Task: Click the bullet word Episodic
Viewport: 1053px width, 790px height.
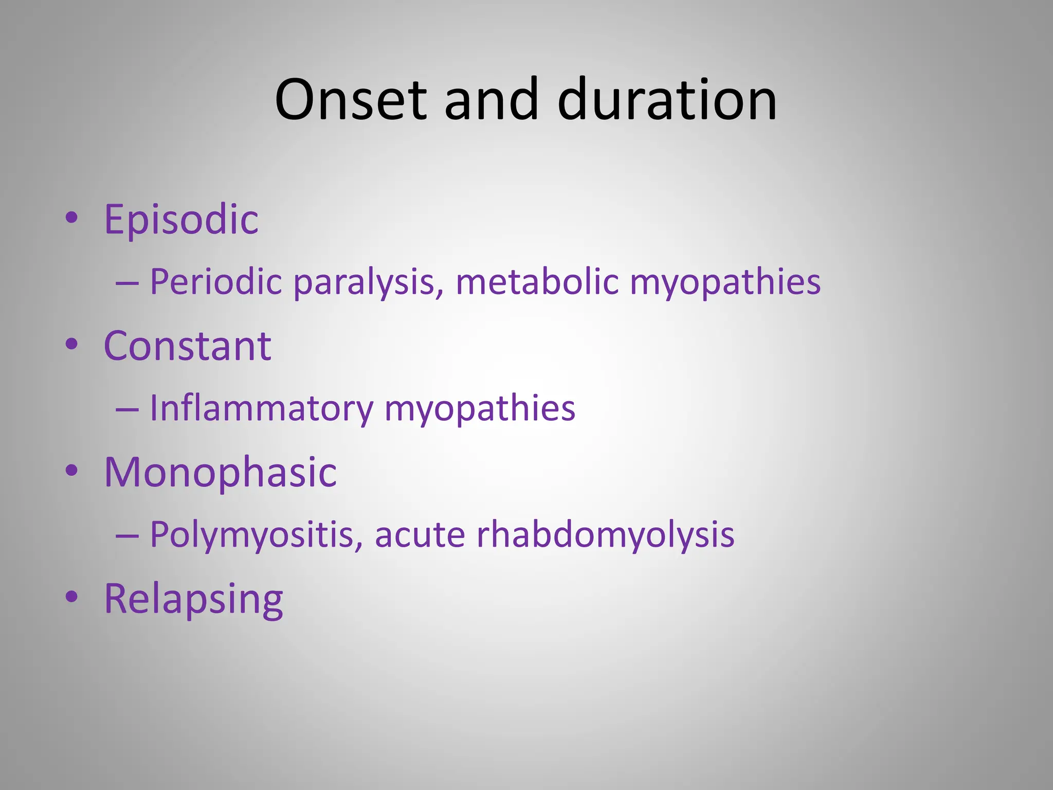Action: (181, 220)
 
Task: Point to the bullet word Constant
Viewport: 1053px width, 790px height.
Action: (187, 346)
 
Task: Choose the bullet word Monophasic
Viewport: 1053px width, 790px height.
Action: (220, 472)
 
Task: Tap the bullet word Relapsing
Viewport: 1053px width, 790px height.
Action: (193, 599)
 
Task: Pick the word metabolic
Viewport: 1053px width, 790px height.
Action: (537, 282)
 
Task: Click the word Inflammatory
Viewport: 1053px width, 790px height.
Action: (261, 409)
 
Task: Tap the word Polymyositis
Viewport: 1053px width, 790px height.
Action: (256, 535)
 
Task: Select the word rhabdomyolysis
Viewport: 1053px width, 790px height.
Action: (605, 535)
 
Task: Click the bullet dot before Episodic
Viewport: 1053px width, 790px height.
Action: (72, 218)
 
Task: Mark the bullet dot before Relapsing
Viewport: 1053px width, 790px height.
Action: (72, 597)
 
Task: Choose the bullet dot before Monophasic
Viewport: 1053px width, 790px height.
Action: (72, 471)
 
